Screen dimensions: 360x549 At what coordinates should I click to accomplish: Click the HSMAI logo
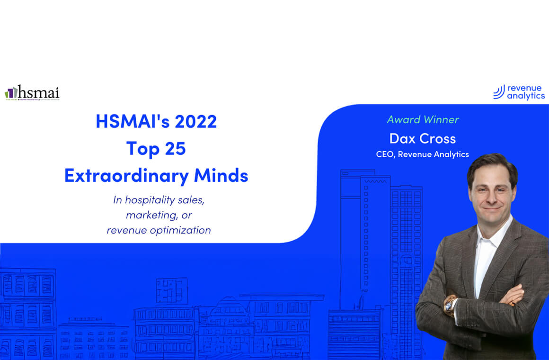coord(32,92)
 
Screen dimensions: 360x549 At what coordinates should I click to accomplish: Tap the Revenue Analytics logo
coord(519,92)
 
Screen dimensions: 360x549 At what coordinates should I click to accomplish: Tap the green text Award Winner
coord(423,120)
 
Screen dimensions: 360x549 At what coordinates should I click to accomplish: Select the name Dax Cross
coord(423,138)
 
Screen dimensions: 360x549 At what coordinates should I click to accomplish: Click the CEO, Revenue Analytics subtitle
coord(423,154)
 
